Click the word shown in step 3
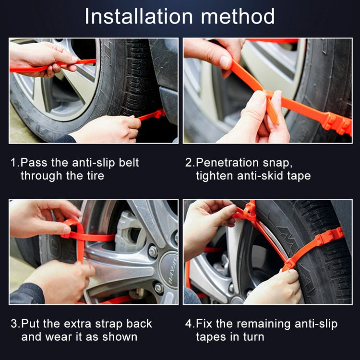tap(121, 336)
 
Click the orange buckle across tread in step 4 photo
tap(326, 238)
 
